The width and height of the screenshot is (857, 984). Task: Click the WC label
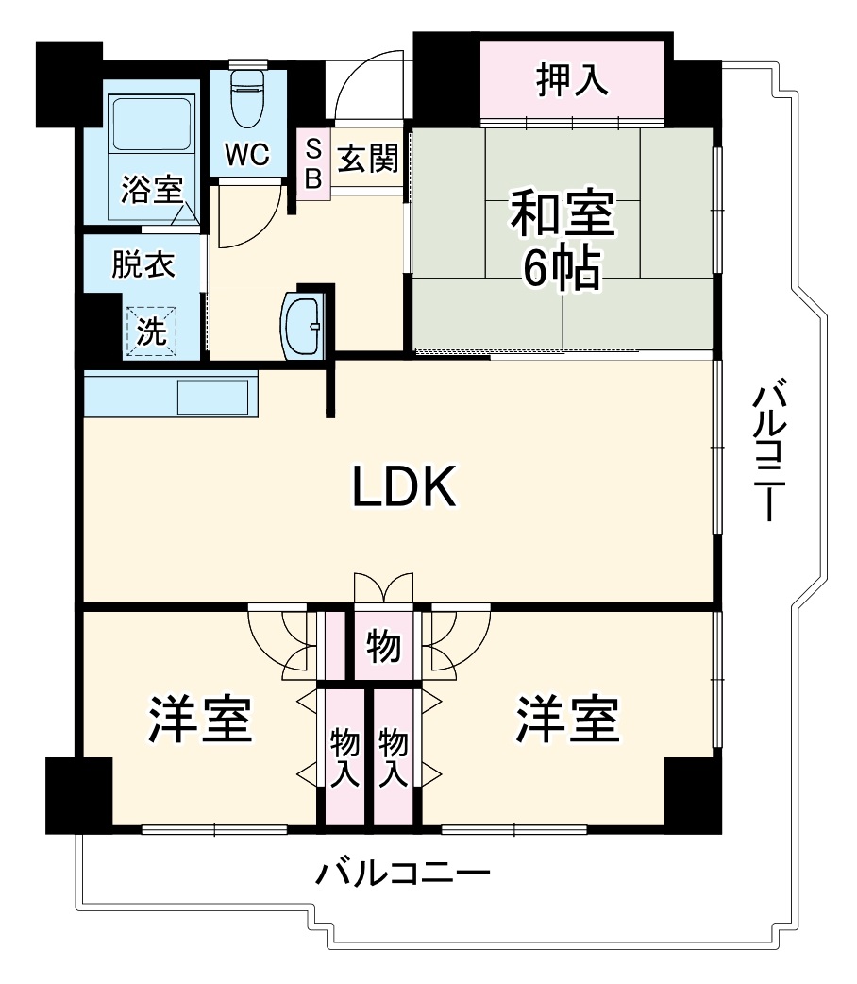pos(246,154)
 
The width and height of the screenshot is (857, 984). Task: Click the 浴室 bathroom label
pos(151,190)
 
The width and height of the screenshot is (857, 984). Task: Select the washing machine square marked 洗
pos(151,331)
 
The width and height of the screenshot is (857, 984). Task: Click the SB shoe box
pos(313,162)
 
